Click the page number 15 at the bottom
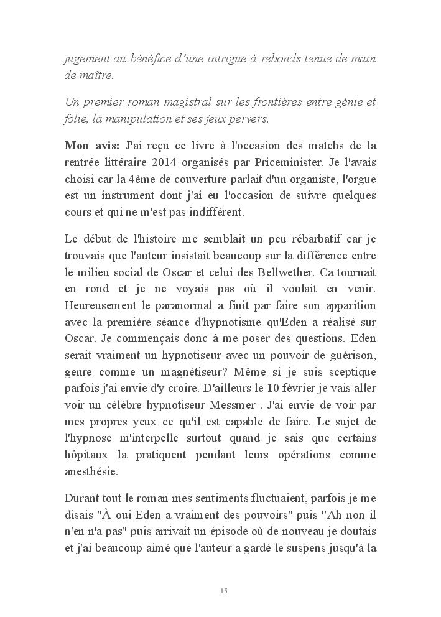coord(223,590)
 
